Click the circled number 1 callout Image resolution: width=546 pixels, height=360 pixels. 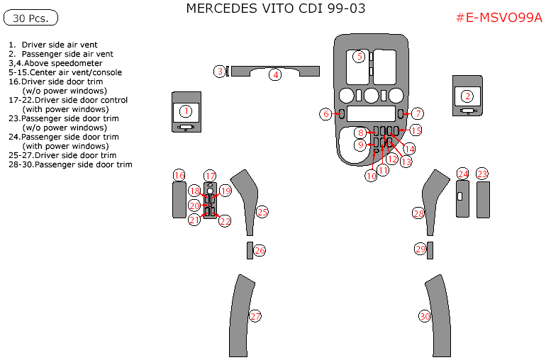click(x=186, y=111)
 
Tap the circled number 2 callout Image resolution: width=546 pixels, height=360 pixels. click(x=467, y=96)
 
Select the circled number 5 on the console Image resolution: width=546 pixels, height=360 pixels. click(x=360, y=56)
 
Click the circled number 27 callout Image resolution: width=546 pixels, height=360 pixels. click(x=255, y=316)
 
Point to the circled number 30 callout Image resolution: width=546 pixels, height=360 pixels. click(x=425, y=316)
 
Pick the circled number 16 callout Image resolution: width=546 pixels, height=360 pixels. click(x=179, y=176)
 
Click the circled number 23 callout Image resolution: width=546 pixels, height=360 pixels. click(x=482, y=174)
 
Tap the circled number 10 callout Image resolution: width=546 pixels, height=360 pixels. click(x=371, y=176)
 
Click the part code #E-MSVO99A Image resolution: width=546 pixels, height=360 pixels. click(x=498, y=18)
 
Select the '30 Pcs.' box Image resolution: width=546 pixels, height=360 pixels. click(x=30, y=18)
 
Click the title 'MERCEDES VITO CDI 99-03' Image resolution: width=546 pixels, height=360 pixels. click(x=276, y=9)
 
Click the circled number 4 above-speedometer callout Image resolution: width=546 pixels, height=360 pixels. click(x=275, y=74)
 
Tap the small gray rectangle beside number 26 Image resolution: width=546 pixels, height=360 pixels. click(x=250, y=250)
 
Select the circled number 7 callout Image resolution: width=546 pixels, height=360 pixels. click(x=418, y=114)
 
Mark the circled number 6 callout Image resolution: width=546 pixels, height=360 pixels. click(x=326, y=114)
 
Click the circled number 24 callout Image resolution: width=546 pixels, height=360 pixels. click(x=463, y=174)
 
